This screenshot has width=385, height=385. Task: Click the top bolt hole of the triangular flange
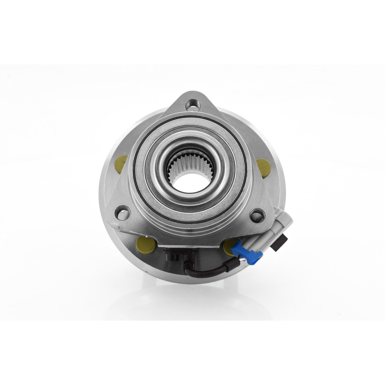point(192,104)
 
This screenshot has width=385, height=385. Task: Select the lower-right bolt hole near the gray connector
point(256,214)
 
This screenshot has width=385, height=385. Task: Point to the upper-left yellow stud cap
point(121,163)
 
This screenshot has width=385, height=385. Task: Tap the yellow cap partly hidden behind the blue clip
point(230,246)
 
